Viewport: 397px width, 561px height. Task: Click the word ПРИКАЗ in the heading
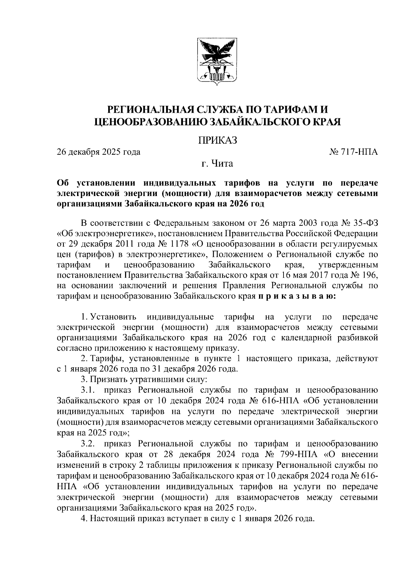click(218, 141)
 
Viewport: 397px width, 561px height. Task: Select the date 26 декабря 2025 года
click(99, 152)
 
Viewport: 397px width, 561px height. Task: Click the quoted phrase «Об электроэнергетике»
click(105, 234)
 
